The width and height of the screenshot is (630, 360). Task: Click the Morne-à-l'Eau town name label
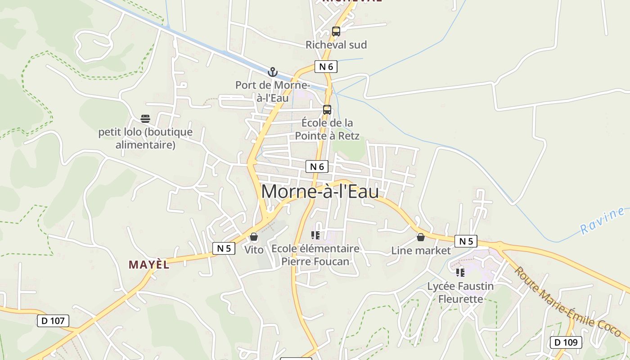click(x=320, y=192)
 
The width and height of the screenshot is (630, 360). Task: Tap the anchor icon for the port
click(x=272, y=72)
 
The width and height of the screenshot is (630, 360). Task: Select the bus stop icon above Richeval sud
click(x=336, y=31)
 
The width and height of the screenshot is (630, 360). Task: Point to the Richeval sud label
click(x=336, y=45)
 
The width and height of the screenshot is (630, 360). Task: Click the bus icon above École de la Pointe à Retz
click(x=327, y=110)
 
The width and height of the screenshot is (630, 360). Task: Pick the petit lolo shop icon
click(x=145, y=119)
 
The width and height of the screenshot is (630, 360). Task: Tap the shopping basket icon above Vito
click(x=254, y=237)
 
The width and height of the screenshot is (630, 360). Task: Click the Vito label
click(x=254, y=249)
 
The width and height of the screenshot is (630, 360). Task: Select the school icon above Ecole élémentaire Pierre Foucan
click(x=315, y=235)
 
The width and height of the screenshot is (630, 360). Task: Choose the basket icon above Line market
click(x=421, y=237)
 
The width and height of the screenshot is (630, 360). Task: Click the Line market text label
click(x=421, y=250)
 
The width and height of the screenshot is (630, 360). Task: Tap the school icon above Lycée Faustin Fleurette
click(x=460, y=273)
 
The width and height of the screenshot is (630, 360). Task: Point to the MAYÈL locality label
click(x=149, y=265)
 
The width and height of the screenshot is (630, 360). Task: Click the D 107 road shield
click(x=53, y=321)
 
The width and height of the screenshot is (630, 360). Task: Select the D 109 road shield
click(x=566, y=342)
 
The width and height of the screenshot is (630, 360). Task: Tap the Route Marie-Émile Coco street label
click(x=567, y=302)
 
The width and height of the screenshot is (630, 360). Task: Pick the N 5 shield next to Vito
click(x=224, y=248)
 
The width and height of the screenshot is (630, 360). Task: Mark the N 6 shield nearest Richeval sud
click(x=326, y=67)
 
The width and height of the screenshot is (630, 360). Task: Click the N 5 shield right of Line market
click(x=466, y=241)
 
